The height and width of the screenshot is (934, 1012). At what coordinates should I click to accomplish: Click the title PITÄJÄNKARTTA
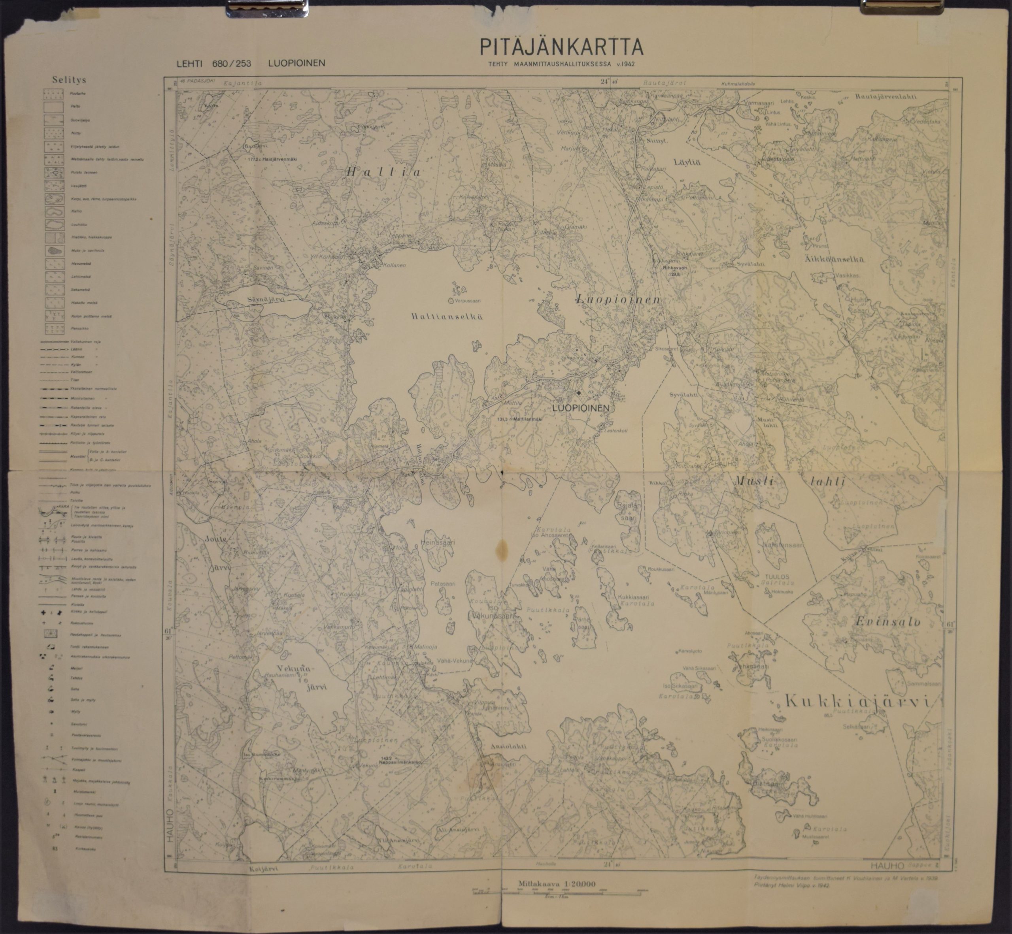coord(561,47)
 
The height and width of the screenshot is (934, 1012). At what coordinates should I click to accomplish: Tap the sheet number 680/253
coord(232,64)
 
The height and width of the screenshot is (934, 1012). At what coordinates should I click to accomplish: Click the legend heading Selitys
coord(69,80)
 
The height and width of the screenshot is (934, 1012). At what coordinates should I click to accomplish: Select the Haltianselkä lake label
coord(446,317)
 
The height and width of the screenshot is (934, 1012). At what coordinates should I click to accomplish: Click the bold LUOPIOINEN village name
coord(581,408)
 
